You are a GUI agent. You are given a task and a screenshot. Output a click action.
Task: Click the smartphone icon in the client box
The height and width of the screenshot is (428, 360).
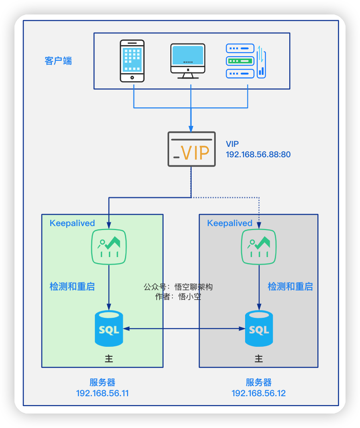coord(132,61)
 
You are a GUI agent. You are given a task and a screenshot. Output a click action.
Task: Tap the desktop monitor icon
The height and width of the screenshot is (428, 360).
coord(188,61)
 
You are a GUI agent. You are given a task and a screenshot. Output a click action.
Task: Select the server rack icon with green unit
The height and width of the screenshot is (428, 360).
coord(241,61)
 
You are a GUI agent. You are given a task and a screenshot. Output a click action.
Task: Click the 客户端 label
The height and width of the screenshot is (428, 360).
coord(58,61)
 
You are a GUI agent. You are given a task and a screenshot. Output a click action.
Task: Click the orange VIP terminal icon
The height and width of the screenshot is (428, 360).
coord(191,149)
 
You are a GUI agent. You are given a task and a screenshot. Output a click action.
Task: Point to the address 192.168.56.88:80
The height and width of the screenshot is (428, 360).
coord(258,154)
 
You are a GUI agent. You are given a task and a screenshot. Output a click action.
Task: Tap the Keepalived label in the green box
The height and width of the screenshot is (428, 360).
coord(72,223)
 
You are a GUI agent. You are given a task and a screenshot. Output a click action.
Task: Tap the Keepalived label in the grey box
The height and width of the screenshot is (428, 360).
coord(230,223)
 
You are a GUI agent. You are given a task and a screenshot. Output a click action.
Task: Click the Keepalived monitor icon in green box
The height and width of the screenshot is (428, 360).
coord(109,247)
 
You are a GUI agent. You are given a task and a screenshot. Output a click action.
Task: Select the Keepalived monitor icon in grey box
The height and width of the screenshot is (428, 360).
coord(258,247)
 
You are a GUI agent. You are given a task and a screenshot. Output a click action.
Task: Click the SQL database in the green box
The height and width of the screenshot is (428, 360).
coord(109,328)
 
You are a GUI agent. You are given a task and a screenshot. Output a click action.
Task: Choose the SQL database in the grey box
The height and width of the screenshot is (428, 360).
coord(259,328)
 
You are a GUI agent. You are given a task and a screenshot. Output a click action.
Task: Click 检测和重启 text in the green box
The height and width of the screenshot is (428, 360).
coord(72,286)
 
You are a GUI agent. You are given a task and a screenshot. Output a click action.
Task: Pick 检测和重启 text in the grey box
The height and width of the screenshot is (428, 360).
coord(290,286)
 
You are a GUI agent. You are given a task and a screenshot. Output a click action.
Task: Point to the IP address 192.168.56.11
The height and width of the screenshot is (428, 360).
coord(102,393)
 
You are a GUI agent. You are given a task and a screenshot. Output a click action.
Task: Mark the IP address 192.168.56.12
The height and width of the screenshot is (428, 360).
coord(259,393)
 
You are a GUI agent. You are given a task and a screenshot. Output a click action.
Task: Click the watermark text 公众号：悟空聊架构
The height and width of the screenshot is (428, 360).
coord(178,287)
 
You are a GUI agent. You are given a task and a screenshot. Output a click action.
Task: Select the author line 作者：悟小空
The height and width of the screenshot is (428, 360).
coord(178,297)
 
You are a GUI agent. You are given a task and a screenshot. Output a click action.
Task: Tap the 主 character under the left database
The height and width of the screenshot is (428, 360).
coord(108,358)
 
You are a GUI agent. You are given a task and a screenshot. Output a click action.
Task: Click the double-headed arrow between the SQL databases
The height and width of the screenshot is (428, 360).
coord(184,329)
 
